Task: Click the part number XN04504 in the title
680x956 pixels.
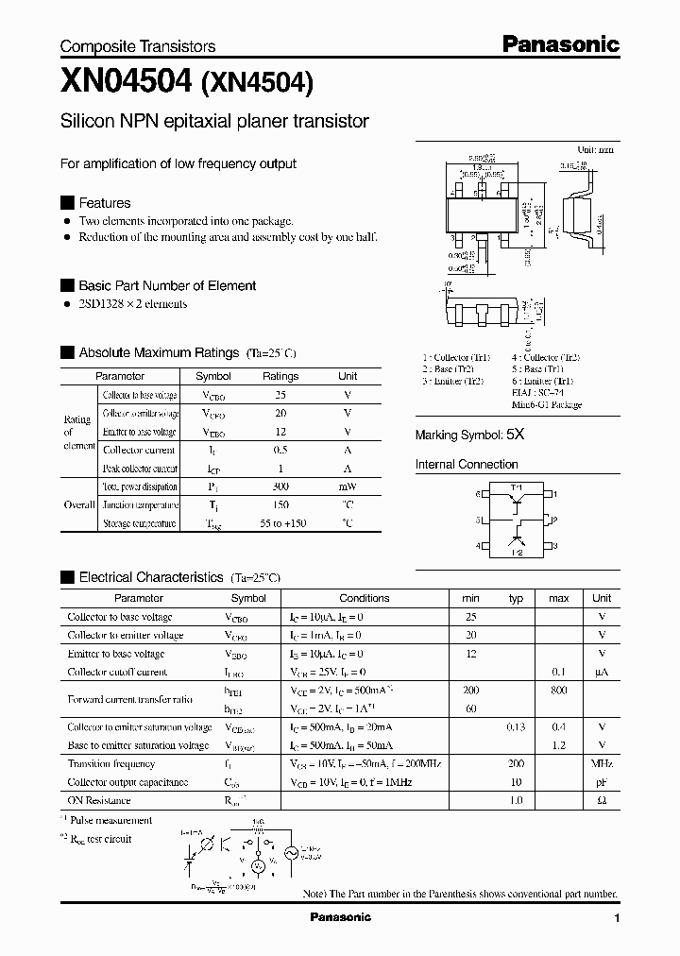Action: [x=126, y=83]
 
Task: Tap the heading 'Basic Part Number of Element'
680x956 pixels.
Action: [x=166, y=285]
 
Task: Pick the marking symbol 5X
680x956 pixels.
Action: [x=515, y=435]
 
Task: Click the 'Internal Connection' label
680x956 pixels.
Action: [x=467, y=465]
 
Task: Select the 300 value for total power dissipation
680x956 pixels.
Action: [x=280, y=487]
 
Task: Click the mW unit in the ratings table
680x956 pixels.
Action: [x=348, y=487]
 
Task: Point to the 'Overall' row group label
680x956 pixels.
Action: [x=78, y=504]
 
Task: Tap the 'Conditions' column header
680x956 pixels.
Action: [x=364, y=598]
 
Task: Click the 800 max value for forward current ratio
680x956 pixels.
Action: [x=558, y=691]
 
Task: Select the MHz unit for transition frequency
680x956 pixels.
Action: [x=602, y=763]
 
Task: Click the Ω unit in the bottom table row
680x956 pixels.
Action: [x=602, y=800]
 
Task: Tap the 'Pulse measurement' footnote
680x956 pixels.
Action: [x=114, y=821]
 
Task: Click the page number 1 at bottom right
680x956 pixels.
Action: [x=617, y=918]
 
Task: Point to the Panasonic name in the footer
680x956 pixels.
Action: [x=341, y=917]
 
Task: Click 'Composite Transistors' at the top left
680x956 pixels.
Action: [x=138, y=46]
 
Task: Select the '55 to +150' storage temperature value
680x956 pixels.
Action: [x=280, y=522]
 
